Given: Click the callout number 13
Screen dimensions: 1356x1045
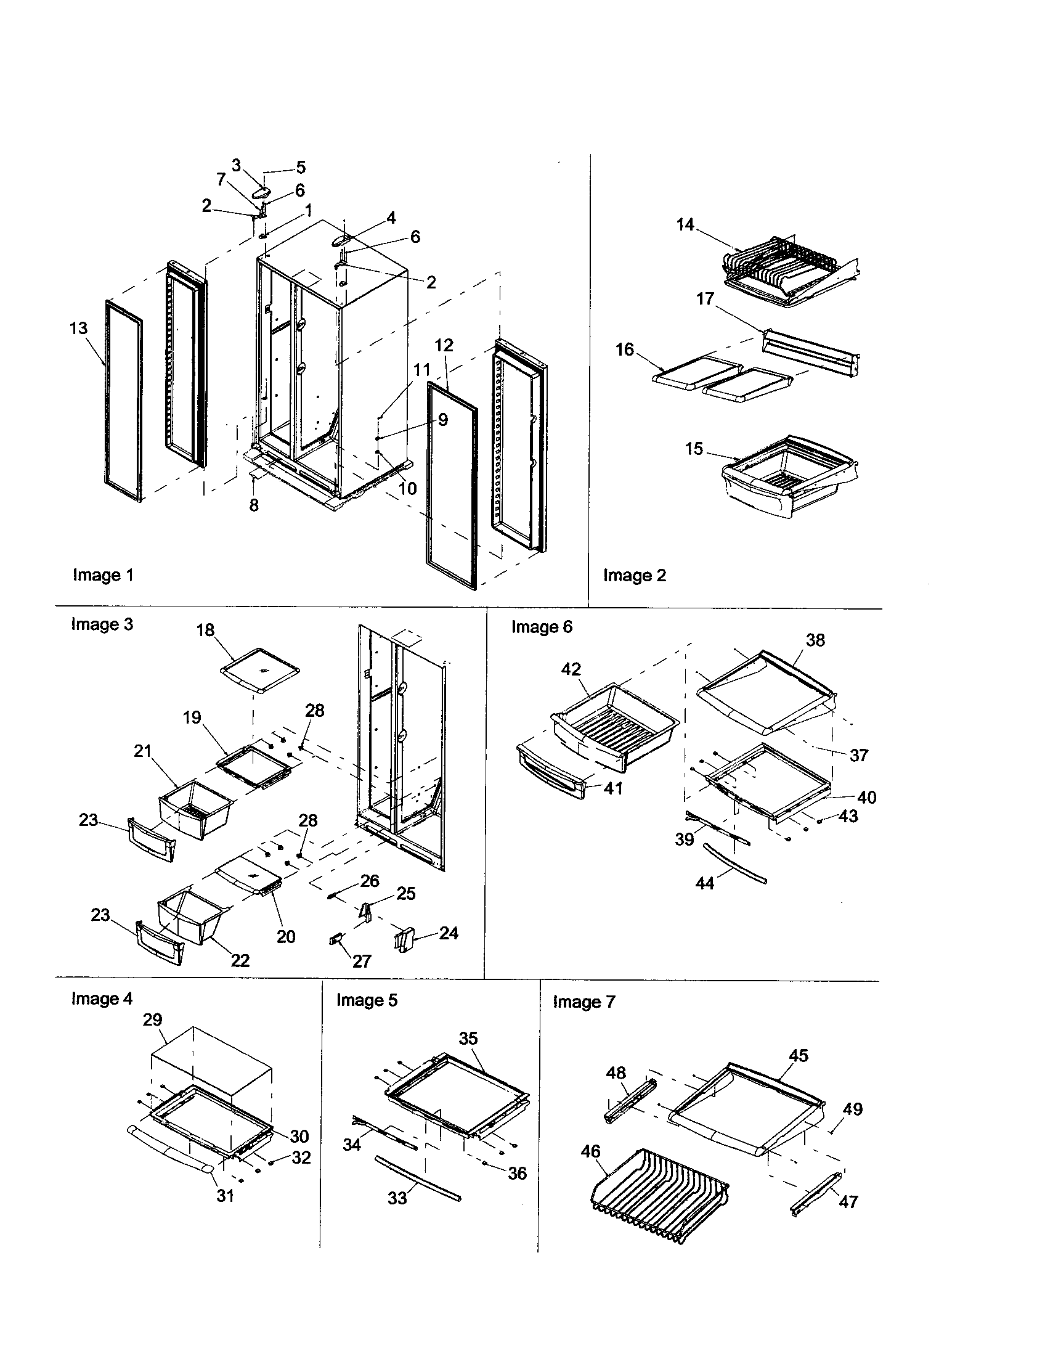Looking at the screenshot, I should point(78,328).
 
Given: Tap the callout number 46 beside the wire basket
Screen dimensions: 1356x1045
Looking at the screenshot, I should point(590,1151).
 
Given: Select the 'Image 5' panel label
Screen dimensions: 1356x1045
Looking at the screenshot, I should point(367,1000).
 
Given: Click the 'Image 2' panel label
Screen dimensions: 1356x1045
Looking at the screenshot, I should point(634,575).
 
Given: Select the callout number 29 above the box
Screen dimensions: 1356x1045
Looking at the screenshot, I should point(153,1019).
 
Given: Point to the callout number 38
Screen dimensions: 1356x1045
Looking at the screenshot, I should point(815,640).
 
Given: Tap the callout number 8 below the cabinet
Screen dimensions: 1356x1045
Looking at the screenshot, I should point(254,505).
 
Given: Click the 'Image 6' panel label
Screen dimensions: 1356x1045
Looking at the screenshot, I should point(541,626).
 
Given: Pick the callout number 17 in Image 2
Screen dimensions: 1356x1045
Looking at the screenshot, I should point(705,299).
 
